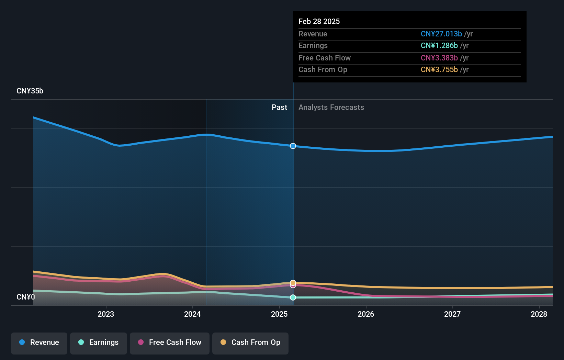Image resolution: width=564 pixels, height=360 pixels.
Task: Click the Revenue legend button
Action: (39, 342)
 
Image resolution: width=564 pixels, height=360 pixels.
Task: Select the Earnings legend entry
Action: (99, 342)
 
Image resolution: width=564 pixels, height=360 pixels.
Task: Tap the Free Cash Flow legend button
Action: (170, 342)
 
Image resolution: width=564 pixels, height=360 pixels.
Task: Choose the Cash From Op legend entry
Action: (250, 342)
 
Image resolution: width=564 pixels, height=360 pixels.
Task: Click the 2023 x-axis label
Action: (106, 314)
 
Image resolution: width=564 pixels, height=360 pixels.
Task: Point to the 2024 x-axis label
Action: (192, 314)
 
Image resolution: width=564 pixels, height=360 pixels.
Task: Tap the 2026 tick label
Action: (366, 314)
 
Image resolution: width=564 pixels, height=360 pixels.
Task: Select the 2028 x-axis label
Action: (539, 314)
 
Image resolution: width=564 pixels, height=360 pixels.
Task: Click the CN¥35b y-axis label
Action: (30, 91)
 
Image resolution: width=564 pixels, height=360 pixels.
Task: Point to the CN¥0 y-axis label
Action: (26, 297)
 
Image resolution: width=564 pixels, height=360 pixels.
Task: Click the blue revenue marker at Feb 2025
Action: (293, 146)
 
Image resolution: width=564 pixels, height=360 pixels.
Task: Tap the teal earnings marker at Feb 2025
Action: (293, 297)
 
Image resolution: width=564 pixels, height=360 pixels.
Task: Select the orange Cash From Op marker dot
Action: (293, 283)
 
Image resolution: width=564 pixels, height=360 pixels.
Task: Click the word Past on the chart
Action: (279, 108)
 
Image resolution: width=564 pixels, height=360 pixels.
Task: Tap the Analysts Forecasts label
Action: (331, 108)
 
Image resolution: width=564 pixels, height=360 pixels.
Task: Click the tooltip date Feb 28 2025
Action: (319, 21)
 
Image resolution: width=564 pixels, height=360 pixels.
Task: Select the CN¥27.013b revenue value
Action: (441, 34)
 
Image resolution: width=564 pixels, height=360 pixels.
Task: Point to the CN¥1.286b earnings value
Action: (439, 46)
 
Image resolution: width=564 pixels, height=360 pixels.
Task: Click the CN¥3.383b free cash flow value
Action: (439, 58)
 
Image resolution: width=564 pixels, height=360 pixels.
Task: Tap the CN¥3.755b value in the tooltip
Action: (439, 70)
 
